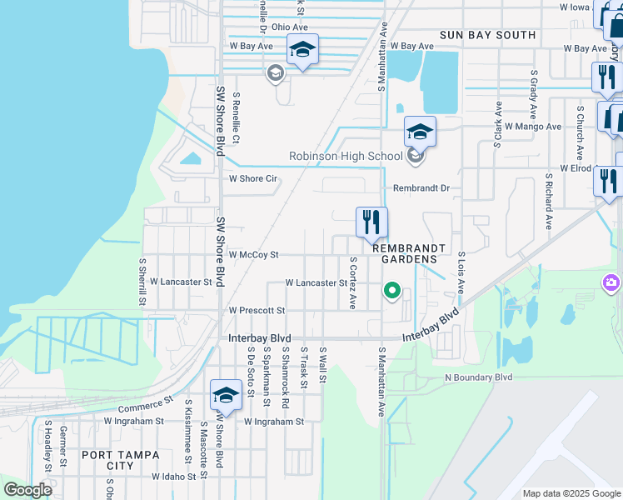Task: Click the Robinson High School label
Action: pos(346,156)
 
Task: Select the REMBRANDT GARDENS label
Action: pos(405,253)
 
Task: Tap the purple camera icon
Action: pos(612,284)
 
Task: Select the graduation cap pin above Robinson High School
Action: pos(421,132)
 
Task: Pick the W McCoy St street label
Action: pos(253,253)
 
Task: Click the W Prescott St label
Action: pos(257,310)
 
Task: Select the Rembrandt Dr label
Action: pos(421,188)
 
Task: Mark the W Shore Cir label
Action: pos(253,178)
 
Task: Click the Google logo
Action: pos(28,490)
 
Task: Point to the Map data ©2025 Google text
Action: pos(570,493)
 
